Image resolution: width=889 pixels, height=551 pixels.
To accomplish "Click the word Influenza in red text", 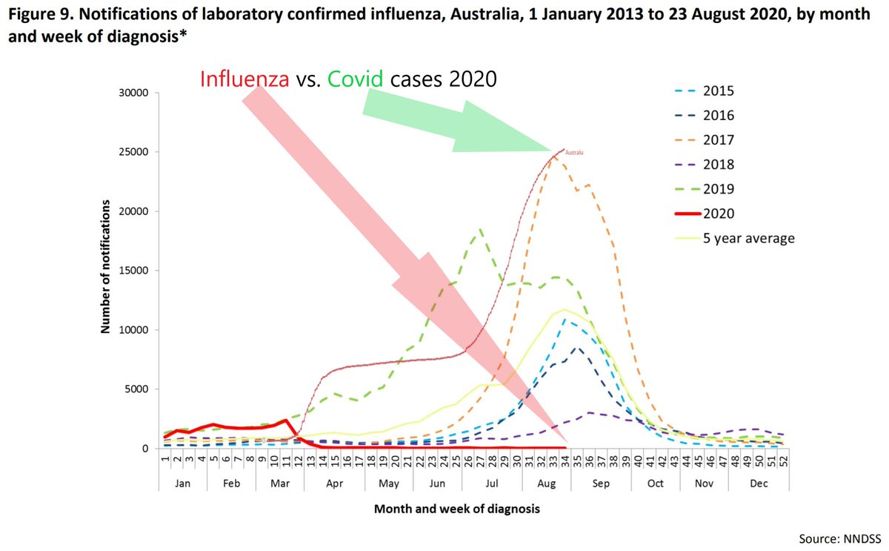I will coord(244,79).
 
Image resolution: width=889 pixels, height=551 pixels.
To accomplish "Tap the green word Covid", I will coord(356,79).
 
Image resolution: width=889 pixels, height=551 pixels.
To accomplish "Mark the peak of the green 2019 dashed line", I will coord(481,229).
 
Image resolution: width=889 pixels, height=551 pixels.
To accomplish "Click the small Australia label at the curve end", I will coord(576,153).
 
